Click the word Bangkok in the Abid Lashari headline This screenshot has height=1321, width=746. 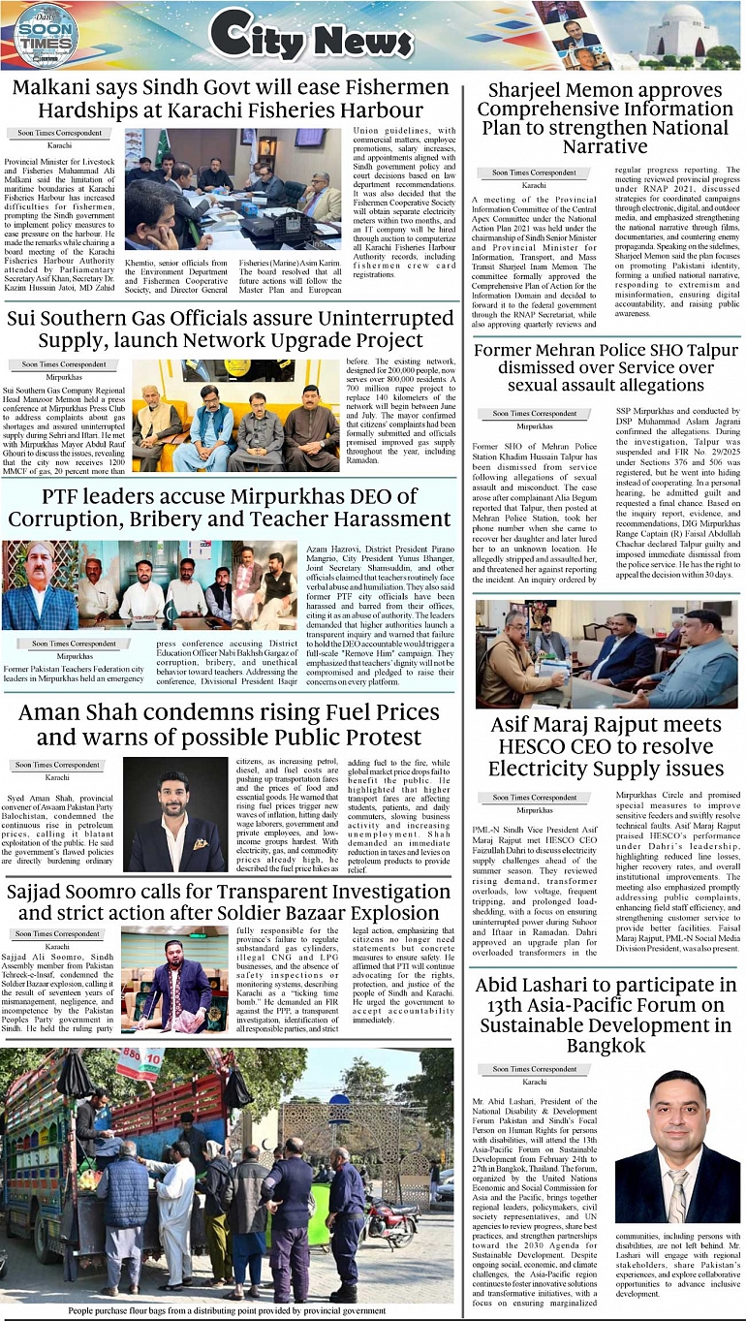click(606, 1046)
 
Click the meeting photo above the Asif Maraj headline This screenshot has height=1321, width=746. click(606, 654)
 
